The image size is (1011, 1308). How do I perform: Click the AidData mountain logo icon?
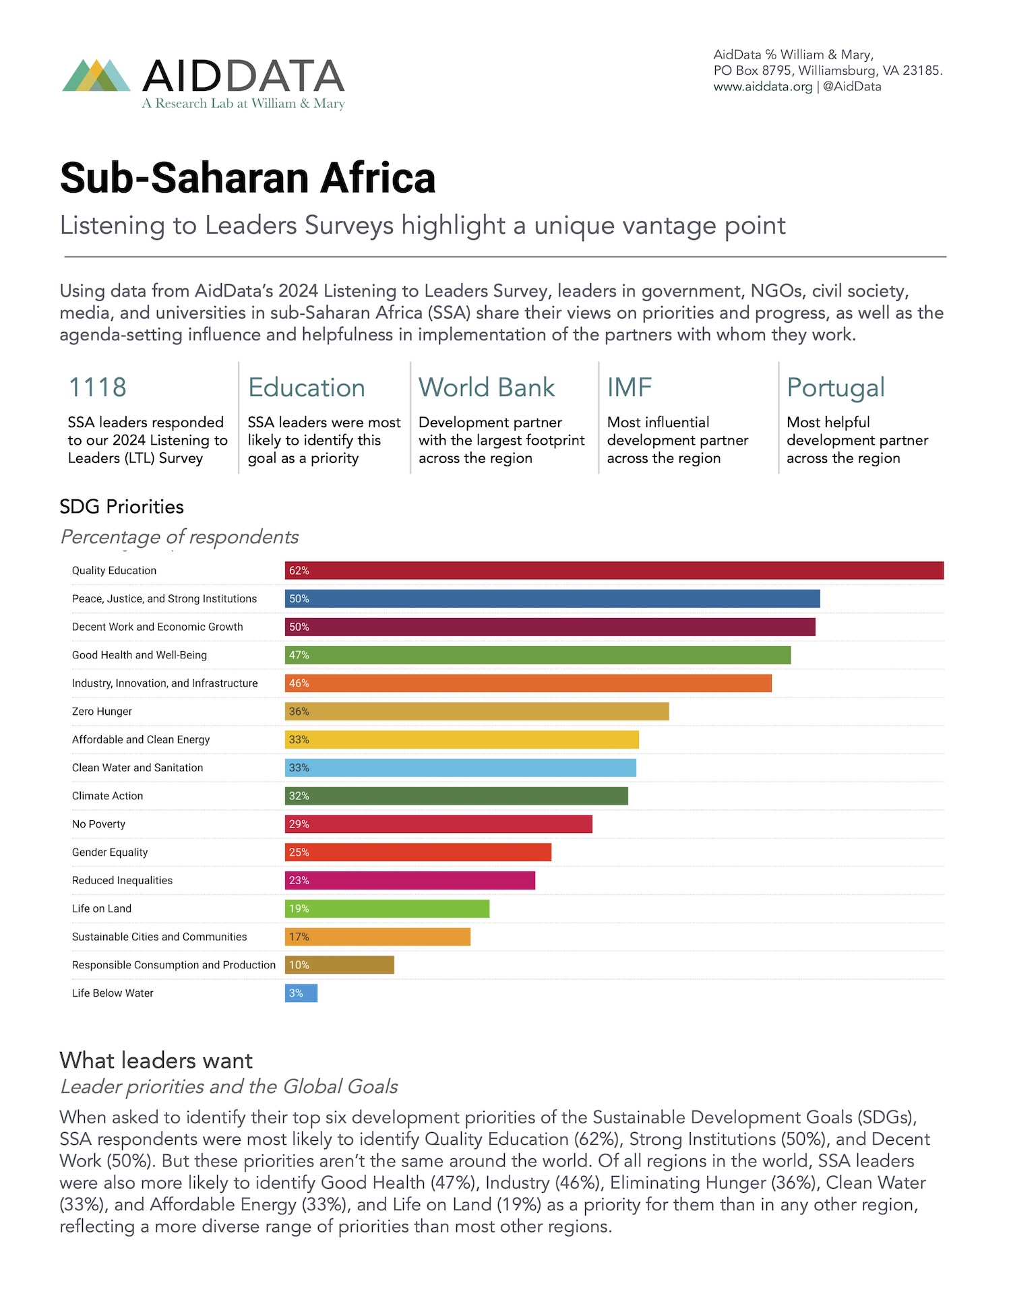tap(96, 75)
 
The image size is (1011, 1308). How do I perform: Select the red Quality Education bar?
tap(613, 570)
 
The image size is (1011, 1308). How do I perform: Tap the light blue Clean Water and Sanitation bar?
tap(460, 768)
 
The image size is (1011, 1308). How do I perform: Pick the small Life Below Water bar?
tap(301, 993)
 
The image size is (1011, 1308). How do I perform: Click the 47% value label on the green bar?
tap(299, 655)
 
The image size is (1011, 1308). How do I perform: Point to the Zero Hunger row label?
tap(102, 712)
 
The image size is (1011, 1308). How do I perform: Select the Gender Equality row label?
tap(110, 852)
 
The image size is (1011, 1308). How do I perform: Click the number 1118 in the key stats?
tap(98, 387)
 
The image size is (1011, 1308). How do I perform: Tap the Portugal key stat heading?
tap(835, 388)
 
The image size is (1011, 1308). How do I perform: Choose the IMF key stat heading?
tap(630, 387)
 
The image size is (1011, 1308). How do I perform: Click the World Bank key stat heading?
tap(487, 387)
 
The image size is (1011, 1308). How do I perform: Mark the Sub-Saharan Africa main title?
tap(247, 178)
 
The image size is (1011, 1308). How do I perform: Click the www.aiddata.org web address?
tap(762, 86)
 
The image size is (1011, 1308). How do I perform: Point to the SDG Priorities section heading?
tap(121, 507)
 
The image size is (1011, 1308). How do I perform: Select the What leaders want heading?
tap(156, 1061)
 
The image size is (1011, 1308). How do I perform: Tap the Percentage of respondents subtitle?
tap(179, 537)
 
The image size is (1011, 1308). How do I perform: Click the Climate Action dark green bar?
tap(456, 796)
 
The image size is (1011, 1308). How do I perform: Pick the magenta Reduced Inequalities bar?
tap(410, 881)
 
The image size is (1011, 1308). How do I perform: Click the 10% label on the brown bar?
tap(299, 965)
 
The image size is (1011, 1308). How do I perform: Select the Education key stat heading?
tap(307, 388)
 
